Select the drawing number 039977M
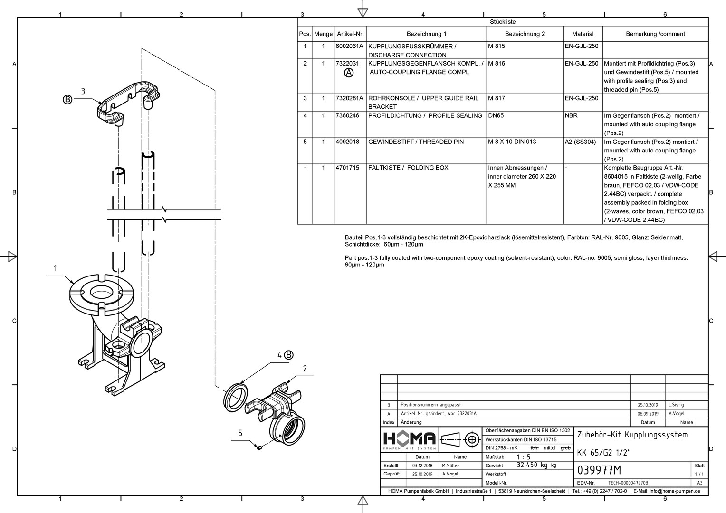tap(599, 470)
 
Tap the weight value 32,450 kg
tap(533, 465)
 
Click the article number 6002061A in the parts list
tap(349, 47)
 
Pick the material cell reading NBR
tap(571, 116)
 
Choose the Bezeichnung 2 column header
tap(525, 34)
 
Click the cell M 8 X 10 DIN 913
tap(512, 142)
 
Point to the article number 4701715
tap(347, 168)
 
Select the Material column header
tap(583, 34)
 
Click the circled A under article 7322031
tap(349, 73)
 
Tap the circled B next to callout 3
tap(67, 99)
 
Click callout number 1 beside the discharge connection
tap(55, 268)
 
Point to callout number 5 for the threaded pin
tap(240, 433)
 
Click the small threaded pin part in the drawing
tap(259, 447)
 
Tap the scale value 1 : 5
tap(523, 457)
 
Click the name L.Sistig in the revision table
tap(676, 405)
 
